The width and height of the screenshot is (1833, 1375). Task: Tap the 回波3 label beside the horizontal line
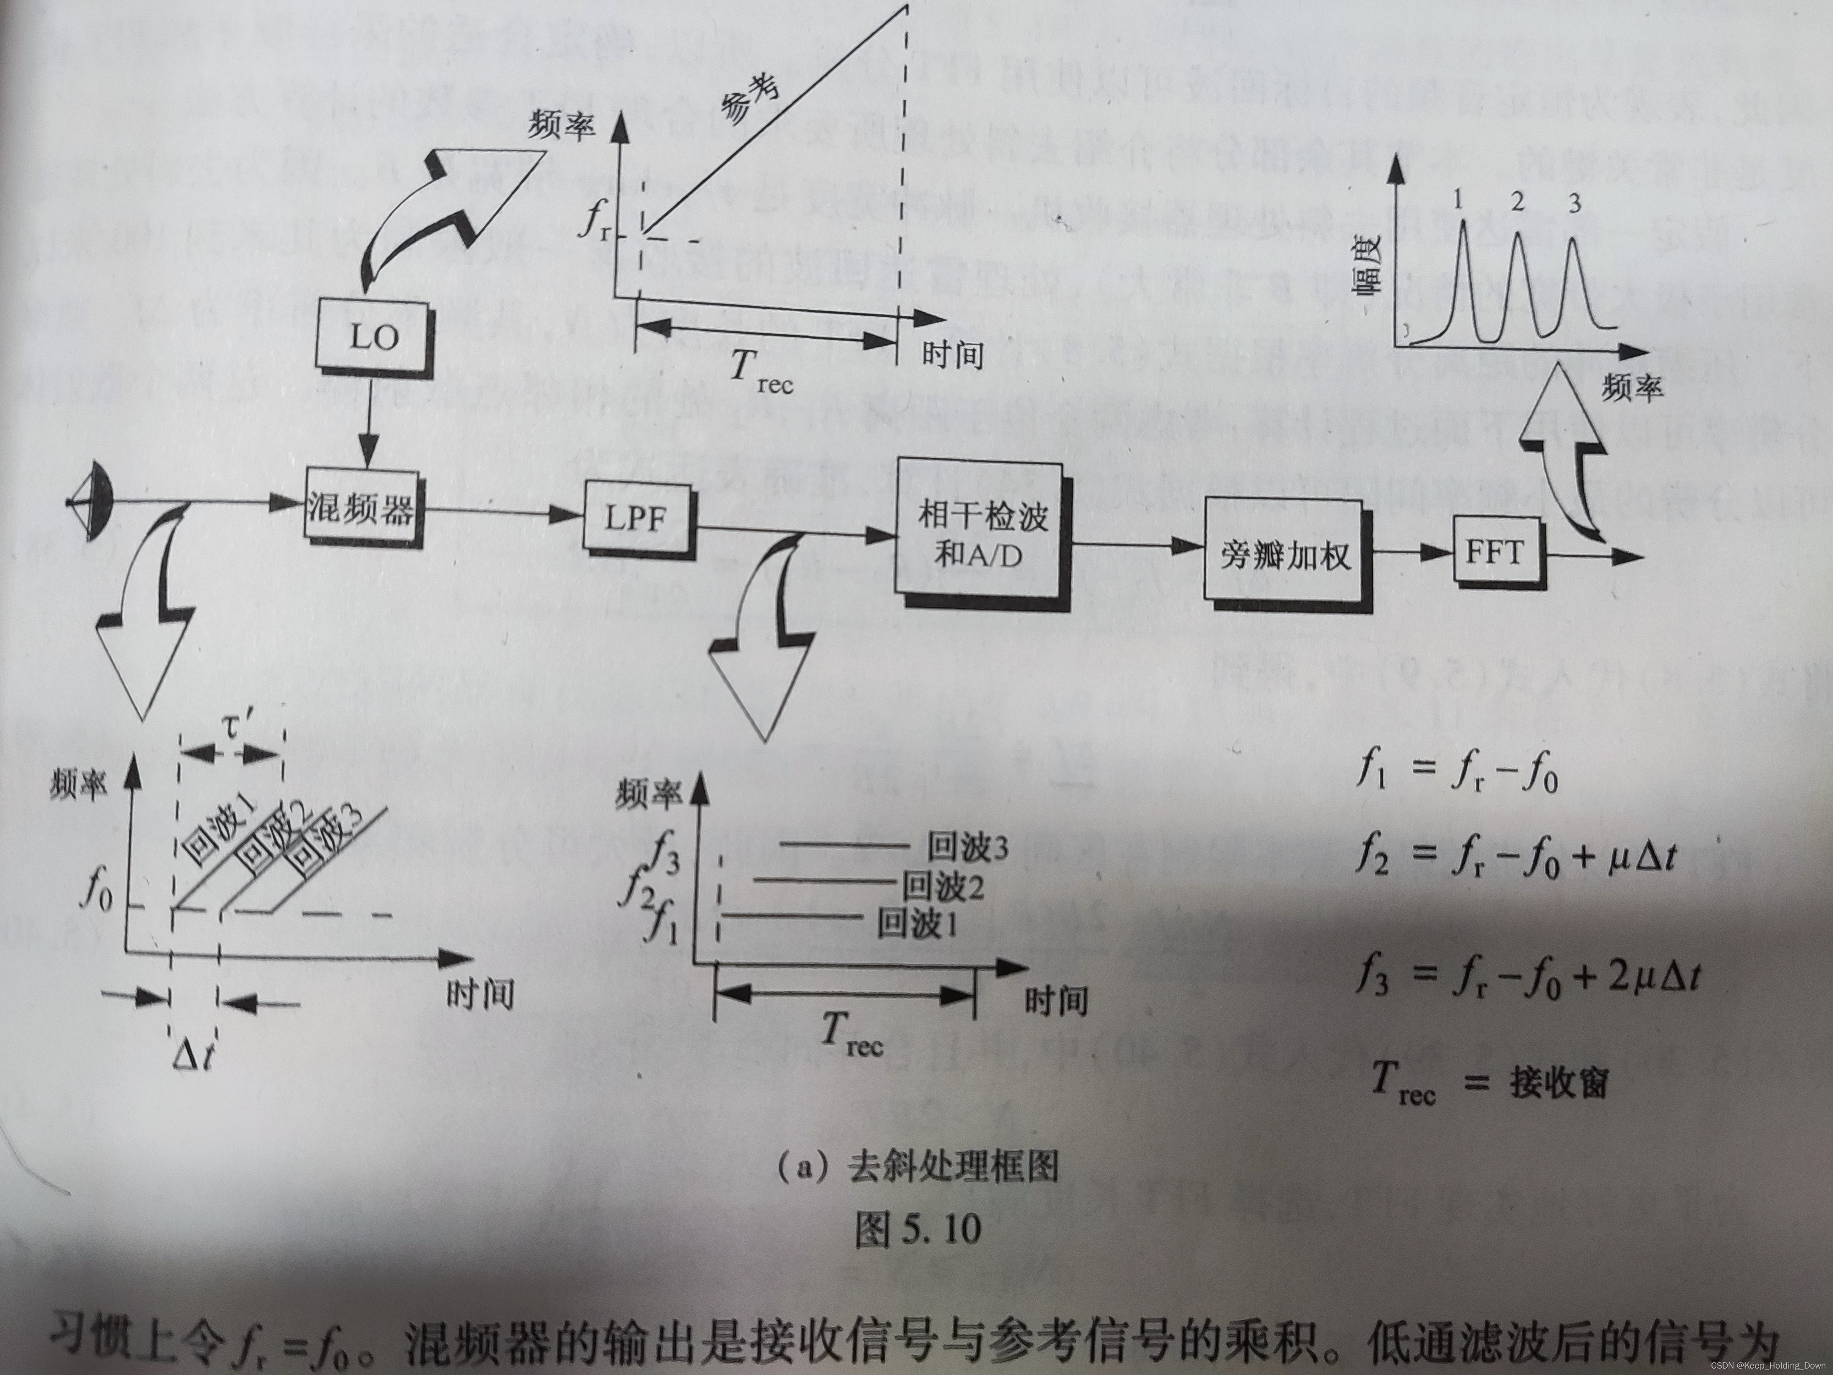(x=966, y=848)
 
